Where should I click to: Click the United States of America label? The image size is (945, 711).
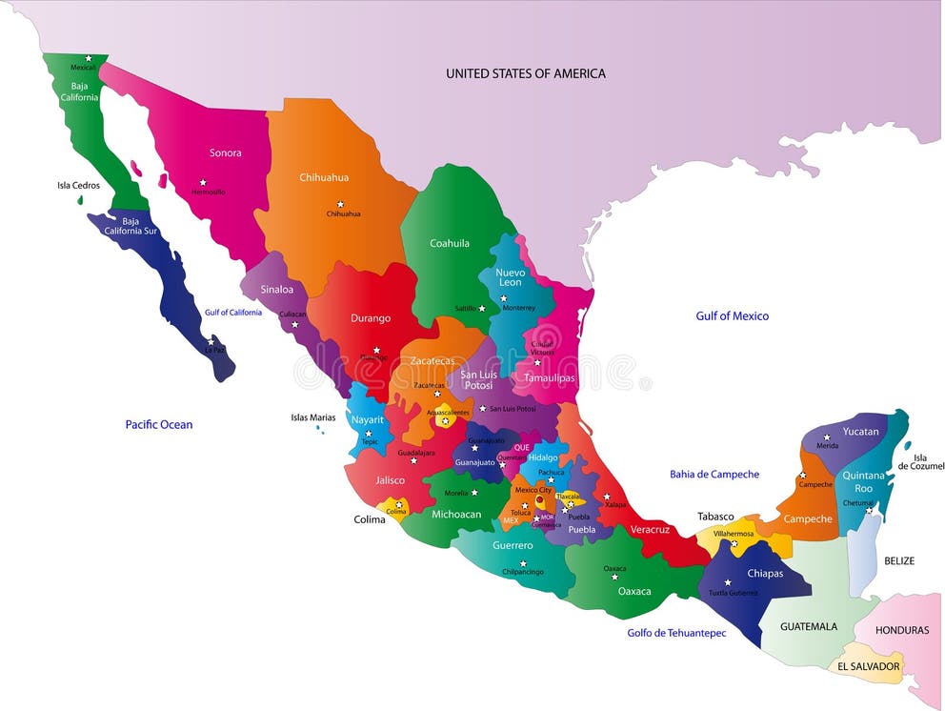pos(525,73)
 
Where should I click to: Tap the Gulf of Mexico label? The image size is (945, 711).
pos(732,316)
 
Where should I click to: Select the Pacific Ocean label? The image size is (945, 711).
pos(159,424)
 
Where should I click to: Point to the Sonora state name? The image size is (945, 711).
pos(226,152)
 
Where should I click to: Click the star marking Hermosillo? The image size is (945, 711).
pos(203,182)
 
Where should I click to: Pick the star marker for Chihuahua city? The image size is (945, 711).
pos(340,203)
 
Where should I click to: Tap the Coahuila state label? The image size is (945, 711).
pos(450,243)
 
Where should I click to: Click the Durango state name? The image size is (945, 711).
pos(371,318)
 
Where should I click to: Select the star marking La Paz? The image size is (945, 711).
pos(211,340)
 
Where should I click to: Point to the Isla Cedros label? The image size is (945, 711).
pos(78,186)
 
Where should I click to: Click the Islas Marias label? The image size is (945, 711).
pos(313,417)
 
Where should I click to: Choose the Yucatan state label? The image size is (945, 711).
pos(861,432)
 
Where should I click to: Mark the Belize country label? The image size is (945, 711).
pos(899,560)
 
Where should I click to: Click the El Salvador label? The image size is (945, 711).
pos(869,666)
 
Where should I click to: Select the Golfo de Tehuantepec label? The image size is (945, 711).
pos(676,633)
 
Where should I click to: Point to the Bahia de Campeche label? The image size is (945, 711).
pos(714,474)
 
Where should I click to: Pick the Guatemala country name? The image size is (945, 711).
pos(809,626)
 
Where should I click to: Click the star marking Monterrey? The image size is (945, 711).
pos(504,298)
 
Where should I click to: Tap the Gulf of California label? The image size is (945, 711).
pos(232,313)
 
